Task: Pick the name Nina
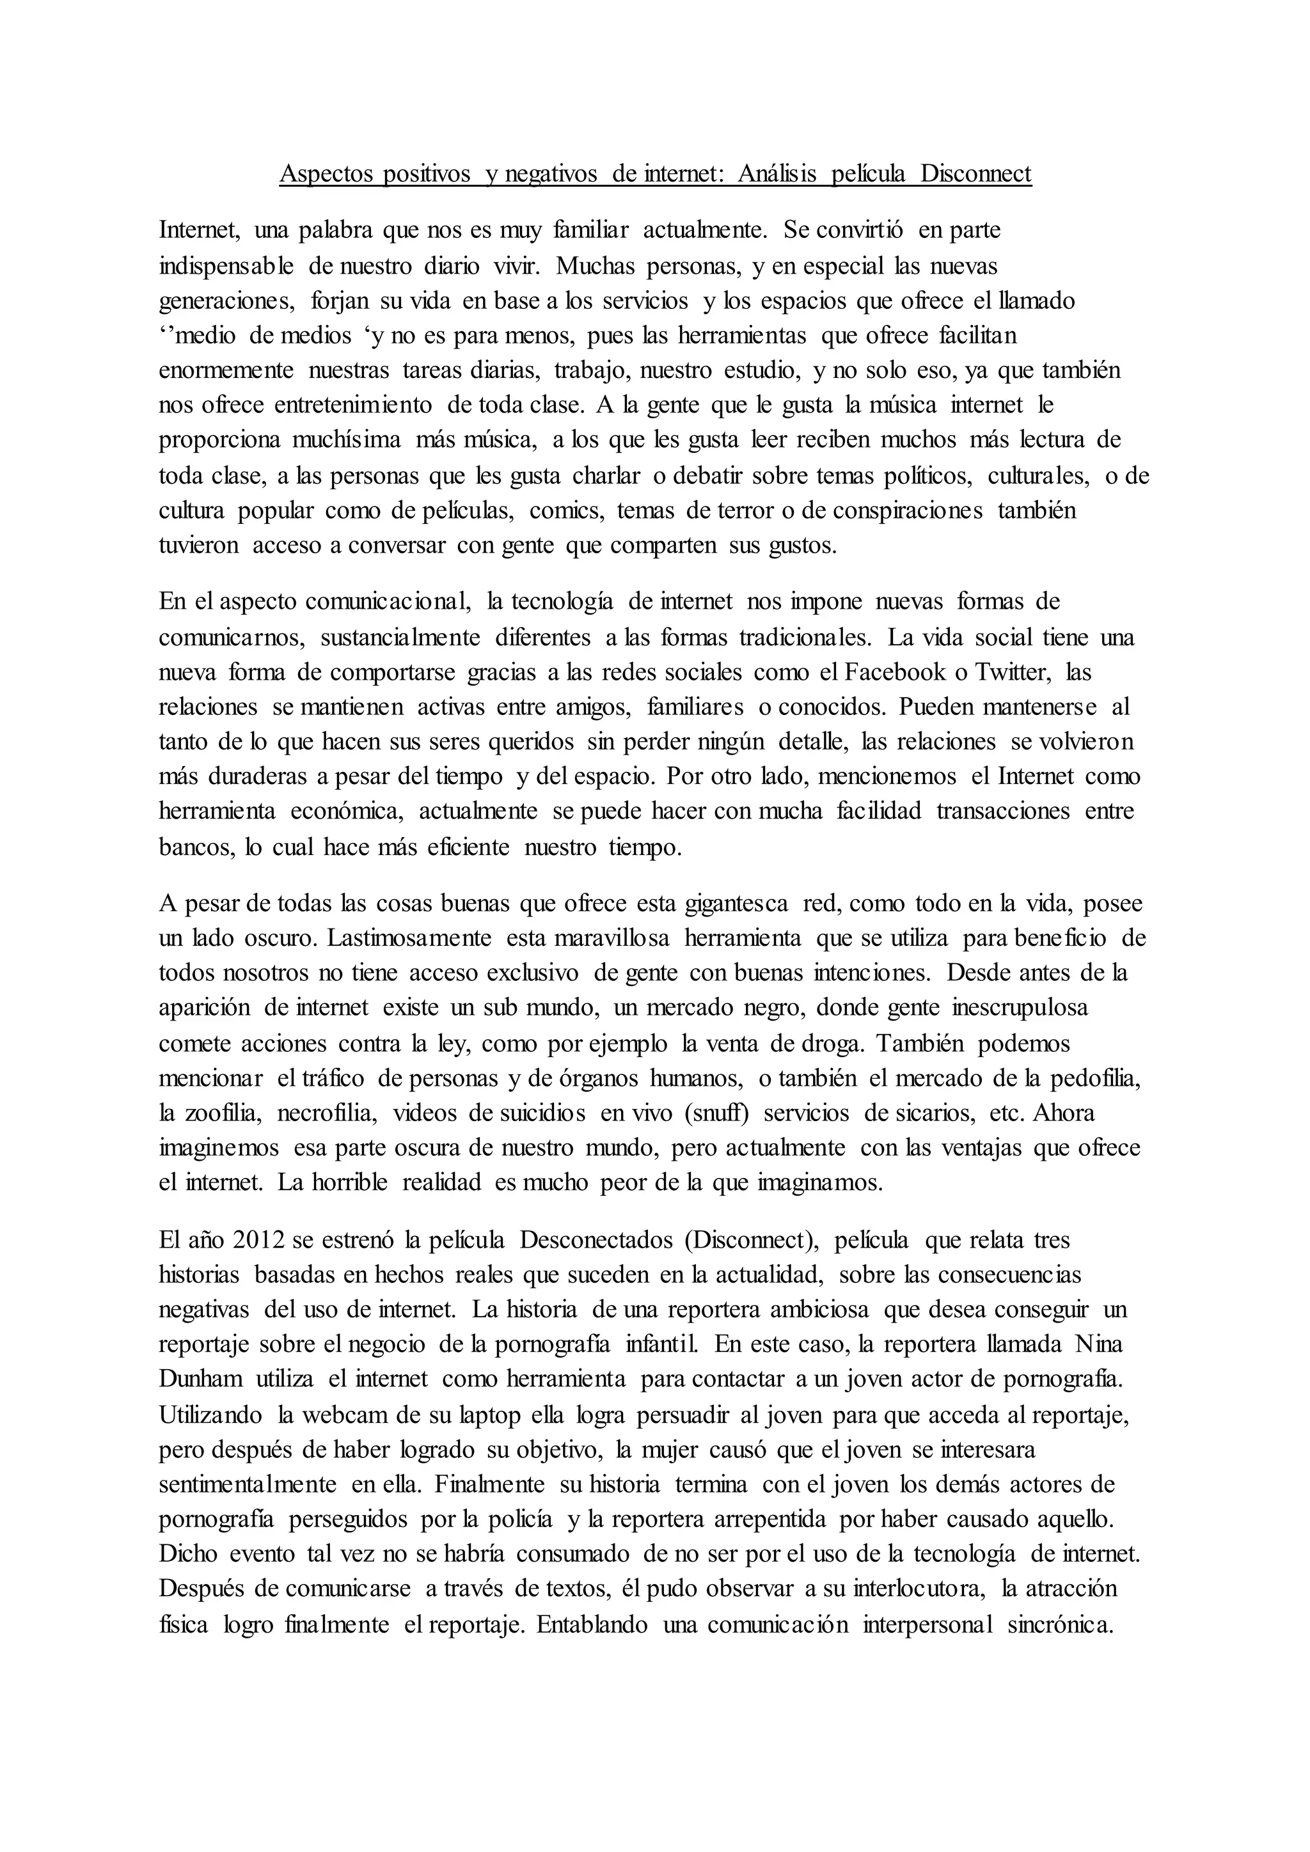pos(1099,1344)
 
